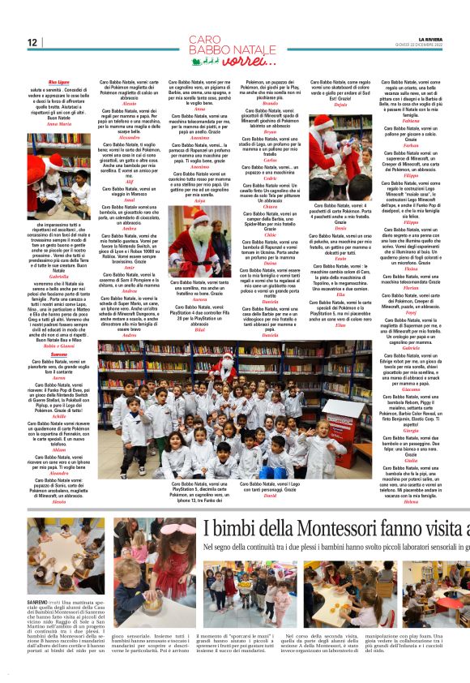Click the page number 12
(x=33, y=42)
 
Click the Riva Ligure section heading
(x=58, y=83)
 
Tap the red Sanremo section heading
(x=58, y=332)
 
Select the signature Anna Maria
(x=59, y=123)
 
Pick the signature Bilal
(x=200, y=330)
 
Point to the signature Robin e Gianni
(x=59, y=324)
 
